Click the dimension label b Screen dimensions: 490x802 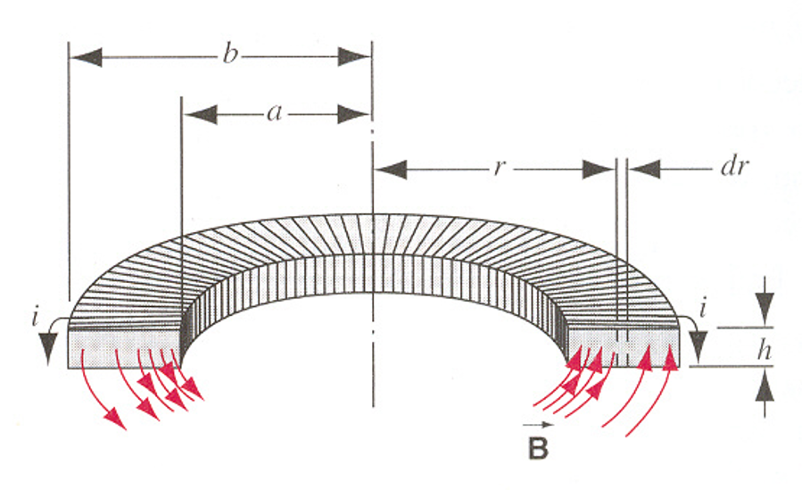tap(230, 56)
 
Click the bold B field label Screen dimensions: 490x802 tap(538, 449)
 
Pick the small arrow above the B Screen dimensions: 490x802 tap(538, 426)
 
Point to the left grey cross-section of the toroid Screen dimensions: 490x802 tap(125, 348)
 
